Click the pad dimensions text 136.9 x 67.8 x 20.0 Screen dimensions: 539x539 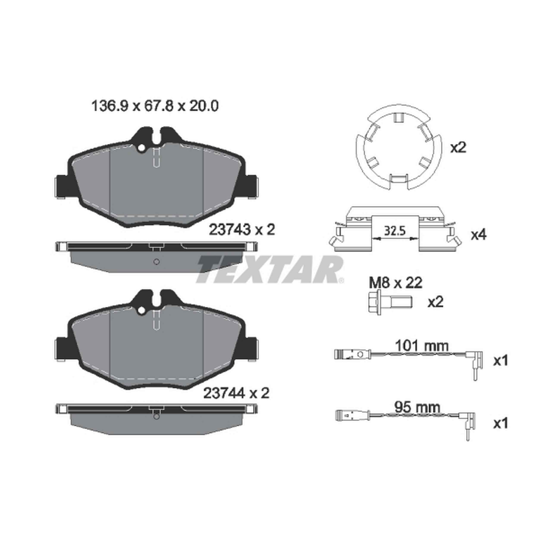(x=155, y=106)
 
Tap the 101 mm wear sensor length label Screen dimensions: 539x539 (x=422, y=347)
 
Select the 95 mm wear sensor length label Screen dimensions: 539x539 (x=417, y=408)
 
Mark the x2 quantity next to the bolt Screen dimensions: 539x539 (x=436, y=302)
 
